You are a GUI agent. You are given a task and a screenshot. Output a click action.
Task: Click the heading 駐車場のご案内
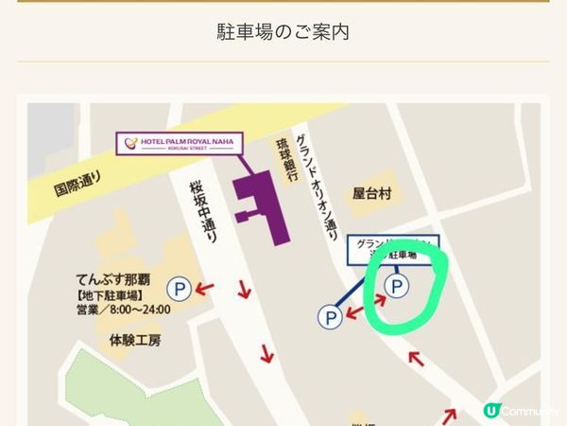tap(283, 31)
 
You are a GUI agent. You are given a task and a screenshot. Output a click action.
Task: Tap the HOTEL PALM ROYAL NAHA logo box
tap(179, 144)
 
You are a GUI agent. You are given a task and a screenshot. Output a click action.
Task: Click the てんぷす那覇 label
tap(114, 280)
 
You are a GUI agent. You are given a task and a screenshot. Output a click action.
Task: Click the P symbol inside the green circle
tap(397, 284)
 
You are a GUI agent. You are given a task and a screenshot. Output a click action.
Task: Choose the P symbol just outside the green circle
tap(330, 316)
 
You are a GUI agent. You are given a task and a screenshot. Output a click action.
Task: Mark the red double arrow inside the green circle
tap(372, 300)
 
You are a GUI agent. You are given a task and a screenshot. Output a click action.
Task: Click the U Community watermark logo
tap(520, 411)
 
